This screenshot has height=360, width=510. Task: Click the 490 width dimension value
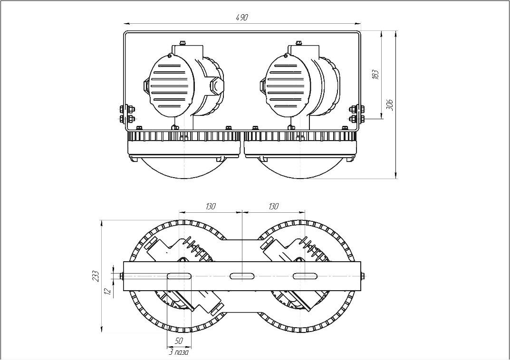(x=241, y=18)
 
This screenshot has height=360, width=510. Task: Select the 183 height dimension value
(x=375, y=75)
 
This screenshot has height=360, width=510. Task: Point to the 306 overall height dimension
(x=390, y=105)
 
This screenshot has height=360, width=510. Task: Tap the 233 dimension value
(x=96, y=276)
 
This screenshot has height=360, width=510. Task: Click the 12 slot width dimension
(x=109, y=291)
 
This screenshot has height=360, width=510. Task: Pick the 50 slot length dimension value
(x=179, y=341)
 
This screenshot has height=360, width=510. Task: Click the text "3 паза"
(x=179, y=352)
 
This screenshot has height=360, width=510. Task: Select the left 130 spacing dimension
(x=211, y=206)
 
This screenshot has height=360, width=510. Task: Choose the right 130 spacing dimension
(x=274, y=206)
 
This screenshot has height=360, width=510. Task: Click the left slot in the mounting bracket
(x=179, y=276)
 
